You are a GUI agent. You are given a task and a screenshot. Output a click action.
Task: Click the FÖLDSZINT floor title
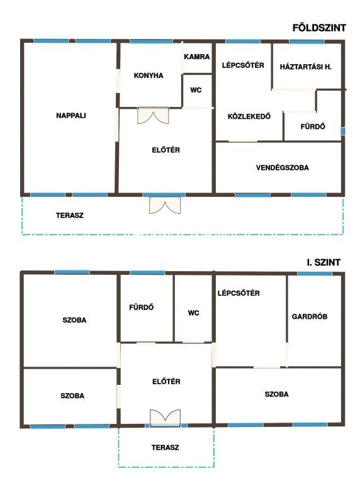tap(319, 28)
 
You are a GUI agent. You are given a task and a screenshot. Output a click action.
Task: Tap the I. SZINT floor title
tap(323, 262)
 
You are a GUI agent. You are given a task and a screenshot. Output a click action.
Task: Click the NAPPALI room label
tap(71, 116)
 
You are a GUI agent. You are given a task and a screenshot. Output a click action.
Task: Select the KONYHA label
tap(149, 75)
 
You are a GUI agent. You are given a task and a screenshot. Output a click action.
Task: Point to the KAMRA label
tap(196, 57)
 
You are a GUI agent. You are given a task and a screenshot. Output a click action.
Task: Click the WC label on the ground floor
tap(196, 90)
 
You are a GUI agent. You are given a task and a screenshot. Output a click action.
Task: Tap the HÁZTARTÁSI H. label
tap(306, 67)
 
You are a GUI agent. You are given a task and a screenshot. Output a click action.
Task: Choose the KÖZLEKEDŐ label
tap(249, 116)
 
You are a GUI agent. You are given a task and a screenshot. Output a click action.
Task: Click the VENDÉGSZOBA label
tap(283, 167)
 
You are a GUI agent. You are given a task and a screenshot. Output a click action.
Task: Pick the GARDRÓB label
tap(310, 316)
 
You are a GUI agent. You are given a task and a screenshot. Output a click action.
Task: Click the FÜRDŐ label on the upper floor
tap(141, 307)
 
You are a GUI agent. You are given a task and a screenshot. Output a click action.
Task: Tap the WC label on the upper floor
tap(194, 313)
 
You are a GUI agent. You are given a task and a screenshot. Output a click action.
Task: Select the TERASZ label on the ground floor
tap(70, 215)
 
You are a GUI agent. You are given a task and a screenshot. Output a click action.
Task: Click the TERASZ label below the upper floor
tap(165, 447)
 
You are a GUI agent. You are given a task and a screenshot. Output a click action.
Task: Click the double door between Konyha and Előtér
tap(153, 116)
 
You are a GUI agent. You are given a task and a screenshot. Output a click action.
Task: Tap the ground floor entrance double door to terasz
tap(165, 206)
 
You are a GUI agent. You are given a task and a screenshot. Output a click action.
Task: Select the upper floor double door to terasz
tap(165, 418)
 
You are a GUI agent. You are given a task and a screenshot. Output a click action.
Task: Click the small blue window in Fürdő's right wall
tap(343, 131)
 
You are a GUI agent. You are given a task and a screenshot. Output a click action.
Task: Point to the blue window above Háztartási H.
tap(307, 42)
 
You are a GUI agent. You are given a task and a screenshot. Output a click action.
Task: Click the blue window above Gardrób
tap(315, 273)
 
